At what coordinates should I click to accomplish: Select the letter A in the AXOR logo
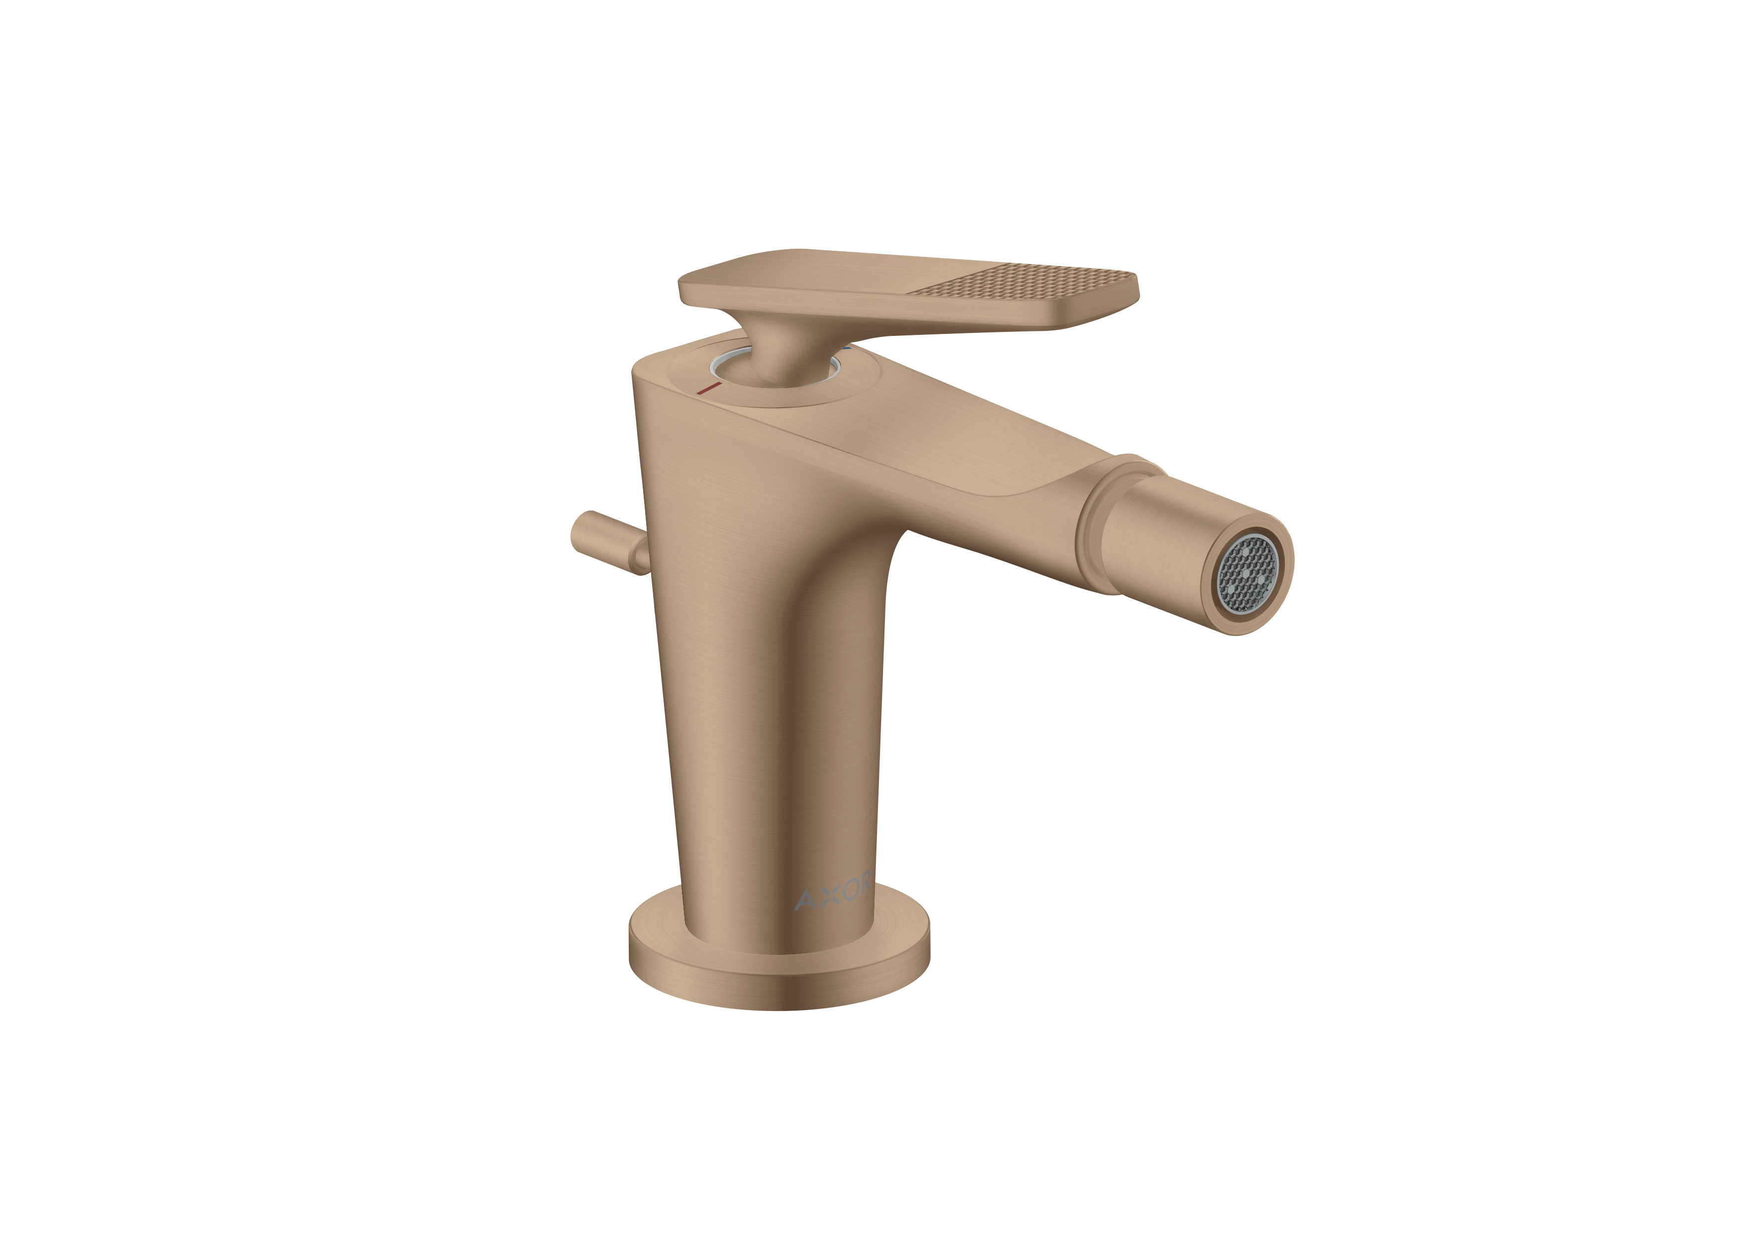coord(803,900)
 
